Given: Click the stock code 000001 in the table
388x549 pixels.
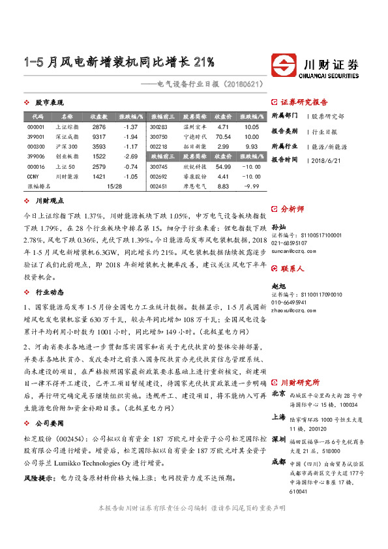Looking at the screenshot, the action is (x=36, y=126).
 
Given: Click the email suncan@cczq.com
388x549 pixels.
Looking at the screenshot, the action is (x=293, y=250).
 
